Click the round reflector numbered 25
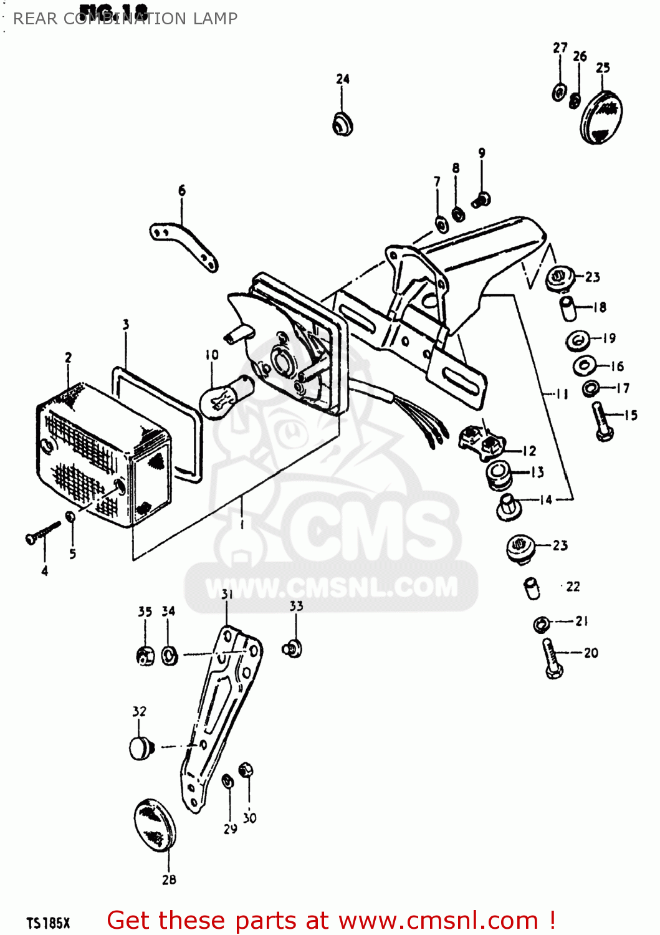(x=601, y=118)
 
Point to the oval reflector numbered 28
(x=155, y=823)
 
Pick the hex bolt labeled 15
(x=602, y=422)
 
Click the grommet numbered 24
(x=343, y=123)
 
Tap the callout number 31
(x=227, y=595)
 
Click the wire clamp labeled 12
(x=482, y=441)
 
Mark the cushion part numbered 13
(x=499, y=476)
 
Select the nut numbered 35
(x=145, y=655)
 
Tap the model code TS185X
(x=49, y=923)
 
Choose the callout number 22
(x=573, y=587)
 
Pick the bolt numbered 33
(x=293, y=649)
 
